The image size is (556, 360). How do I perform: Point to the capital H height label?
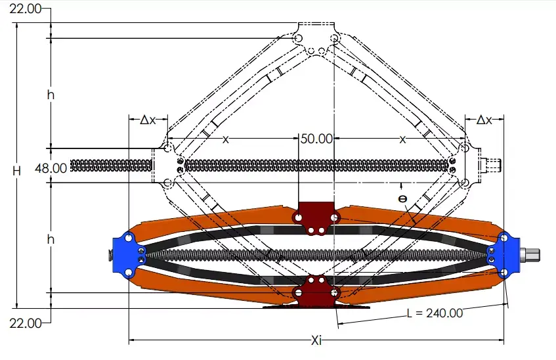pyautogui.click(x=17, y=170)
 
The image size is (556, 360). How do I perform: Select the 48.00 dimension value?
pyautogui.click(x=52, y=168)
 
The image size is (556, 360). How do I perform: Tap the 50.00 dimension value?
pyautogui.click(x=316, y=139)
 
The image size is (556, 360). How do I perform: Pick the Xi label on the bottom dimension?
pyautogui.click(x=316, y=340)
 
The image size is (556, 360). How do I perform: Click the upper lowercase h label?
pyautogui.click(x=51, y=95)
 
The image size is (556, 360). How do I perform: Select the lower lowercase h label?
pyautogui.click(x=51, y=240)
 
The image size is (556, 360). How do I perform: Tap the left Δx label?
pyautogui.click(x=148, y=120)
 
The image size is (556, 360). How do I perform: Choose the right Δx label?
pyautogui.click(x=484, y=120)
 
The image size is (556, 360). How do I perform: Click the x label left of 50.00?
pyautogui.click(x=225, y=139)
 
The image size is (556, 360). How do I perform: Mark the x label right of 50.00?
pyautogui.click(x=403, y=139)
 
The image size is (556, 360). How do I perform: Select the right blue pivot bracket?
pyautogui.click(x=503, y=253)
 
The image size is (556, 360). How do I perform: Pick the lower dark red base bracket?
pyautogui.click(x=317, y=291)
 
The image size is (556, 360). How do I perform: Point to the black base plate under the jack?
pyautogui.click(x=317, y=306)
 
